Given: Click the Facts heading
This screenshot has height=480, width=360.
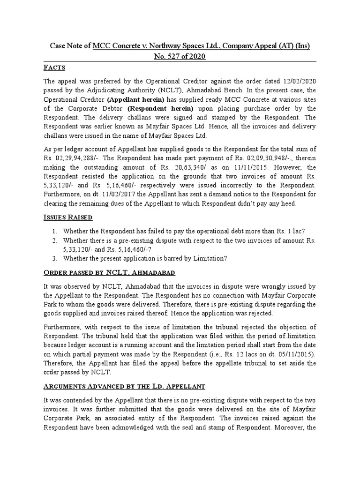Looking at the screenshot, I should point(54,67).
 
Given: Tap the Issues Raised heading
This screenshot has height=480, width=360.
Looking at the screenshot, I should point(67,217).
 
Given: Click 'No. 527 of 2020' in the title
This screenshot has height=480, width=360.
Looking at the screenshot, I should point(180,57).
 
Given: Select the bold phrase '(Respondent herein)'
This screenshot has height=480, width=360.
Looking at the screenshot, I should point(163,109).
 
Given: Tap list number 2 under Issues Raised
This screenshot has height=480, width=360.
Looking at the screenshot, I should point(55,240).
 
